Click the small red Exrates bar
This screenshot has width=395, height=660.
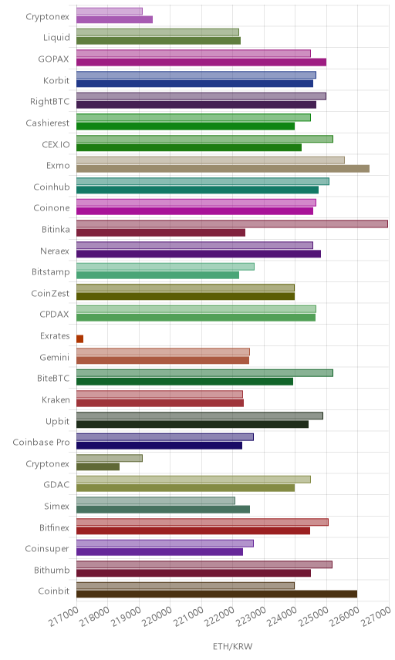click(79, 338)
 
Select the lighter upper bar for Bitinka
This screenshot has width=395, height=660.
click(232, 224)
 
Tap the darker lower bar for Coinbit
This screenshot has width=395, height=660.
click(217, 594)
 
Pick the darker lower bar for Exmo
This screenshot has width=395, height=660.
click(223, 168)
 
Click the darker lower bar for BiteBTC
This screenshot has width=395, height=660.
click(184, 382)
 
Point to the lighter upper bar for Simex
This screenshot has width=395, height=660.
click(155, 500)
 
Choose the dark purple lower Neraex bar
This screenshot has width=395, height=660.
click(198, 254)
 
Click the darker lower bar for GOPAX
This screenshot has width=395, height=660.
click(201, 62)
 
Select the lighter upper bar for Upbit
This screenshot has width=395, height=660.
click(200, 416)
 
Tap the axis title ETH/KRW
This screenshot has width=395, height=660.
click(232, 646)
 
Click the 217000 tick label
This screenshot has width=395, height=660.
click(63, 617)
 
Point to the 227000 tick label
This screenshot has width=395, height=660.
click(376, 617)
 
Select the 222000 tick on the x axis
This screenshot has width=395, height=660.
click(219, 617)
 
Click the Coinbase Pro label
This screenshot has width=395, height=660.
click(41, 442)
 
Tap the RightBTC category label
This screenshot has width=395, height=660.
click(49, 102)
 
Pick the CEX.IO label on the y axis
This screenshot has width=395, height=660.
click(56, 144)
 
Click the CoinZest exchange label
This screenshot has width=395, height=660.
click(50, 294)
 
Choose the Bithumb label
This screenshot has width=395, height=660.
click(52, 570)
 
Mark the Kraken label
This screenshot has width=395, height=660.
click(56, 399)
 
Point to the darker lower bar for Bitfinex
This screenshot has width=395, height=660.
click(193, 530)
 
